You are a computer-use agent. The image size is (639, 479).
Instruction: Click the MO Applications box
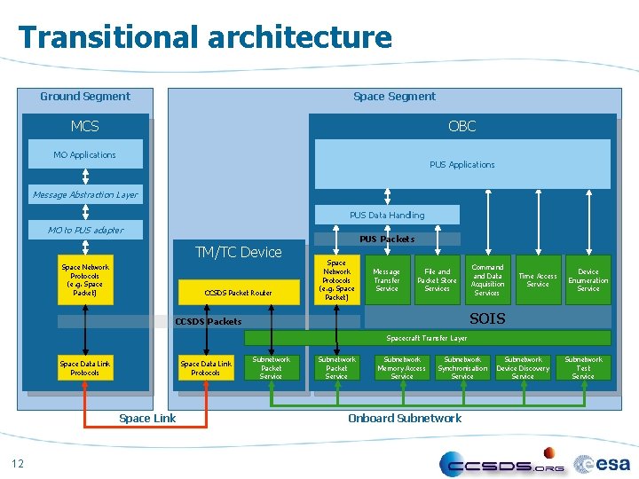(85, 155)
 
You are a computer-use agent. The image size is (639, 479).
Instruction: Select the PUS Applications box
(461, 164)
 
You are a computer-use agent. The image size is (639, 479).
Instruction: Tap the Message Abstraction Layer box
(85, 194)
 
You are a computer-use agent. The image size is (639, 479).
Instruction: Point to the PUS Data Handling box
(387, 215)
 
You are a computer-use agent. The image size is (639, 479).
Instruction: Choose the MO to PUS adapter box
(85, 230)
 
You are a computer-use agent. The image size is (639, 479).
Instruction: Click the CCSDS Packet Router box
(238, 292)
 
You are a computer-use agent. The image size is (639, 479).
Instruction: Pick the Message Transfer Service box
(386, 280)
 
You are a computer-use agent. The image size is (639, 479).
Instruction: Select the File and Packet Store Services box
(437, 280)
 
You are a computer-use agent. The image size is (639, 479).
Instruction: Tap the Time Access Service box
(538, 280)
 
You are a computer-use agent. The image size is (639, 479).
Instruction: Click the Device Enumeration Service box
(588, 280)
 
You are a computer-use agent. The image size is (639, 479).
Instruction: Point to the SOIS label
(487, 318)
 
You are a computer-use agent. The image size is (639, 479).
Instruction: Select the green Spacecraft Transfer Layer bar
(427, 338)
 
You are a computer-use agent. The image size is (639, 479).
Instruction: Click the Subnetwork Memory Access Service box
(402, 368)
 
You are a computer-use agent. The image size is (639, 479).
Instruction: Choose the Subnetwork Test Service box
(583, 368)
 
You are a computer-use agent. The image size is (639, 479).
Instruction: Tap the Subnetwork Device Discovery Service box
(523, 368)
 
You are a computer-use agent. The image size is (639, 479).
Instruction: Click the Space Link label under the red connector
(147, 418)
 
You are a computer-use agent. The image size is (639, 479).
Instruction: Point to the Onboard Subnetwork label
(405, 418)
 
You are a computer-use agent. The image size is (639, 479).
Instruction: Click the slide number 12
(18, 461)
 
